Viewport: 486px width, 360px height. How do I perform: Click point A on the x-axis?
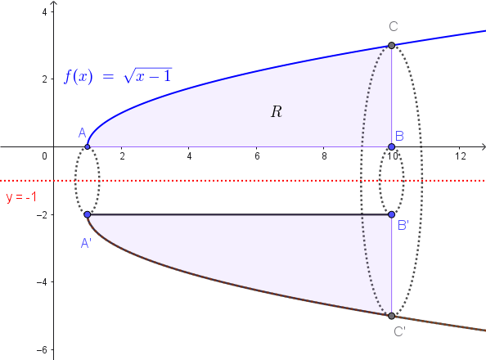click(x=88, y=146)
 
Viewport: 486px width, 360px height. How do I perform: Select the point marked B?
click(x=391, y=146)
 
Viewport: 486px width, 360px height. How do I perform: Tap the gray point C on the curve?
click(x=391, y=46)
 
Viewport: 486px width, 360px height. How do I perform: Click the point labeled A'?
click(x=88, y=214)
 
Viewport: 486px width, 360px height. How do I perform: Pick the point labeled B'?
click(x=391, y=214)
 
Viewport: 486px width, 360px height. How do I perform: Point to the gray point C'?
click(x=391, y=316)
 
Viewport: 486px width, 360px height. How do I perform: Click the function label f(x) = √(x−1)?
click(x=118, y=76)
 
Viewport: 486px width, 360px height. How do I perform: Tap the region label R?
click(x=277, y=111)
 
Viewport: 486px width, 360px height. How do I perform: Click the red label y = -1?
click(x=21, y=197)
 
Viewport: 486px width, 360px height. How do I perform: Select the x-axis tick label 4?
click(x=189, y=156)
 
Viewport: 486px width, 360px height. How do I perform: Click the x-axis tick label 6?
click(x=257, y=156)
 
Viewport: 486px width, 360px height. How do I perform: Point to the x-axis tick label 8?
click(x=324, y=156)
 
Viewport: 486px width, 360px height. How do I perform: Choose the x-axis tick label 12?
click(x=461, y=156)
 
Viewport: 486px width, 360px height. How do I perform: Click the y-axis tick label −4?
click(x=42, y=282)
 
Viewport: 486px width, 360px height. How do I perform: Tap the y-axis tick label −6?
click(x=42, y=350)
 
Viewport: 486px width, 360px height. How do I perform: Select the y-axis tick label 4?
click(x=45, y=12)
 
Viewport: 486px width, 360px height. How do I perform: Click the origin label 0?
click(x=45, y=156)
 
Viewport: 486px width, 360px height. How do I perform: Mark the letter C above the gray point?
click(x=394, y=27)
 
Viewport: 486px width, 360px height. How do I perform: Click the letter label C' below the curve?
click(x=399, y=332)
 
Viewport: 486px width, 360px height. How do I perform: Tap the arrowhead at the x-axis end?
click(x=483, y=146)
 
